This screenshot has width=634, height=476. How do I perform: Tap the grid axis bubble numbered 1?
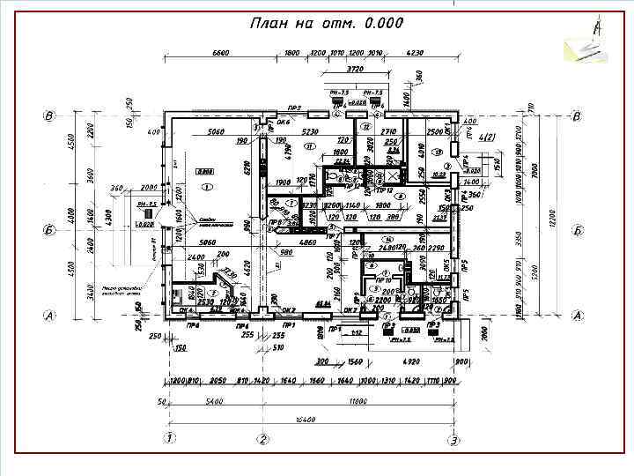coord(168,438)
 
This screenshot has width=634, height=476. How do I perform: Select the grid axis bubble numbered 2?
coord(262,438)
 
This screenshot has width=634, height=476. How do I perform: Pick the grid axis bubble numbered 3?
coord(453,438)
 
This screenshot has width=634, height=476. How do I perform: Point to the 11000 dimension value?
coord(357,401)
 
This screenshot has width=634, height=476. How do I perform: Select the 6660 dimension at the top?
coord(221,53)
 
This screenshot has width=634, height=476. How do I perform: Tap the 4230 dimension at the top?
coord(413,53)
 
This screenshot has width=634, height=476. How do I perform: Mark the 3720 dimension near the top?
coord(355,69)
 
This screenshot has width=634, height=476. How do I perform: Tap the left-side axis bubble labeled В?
coord(50,115)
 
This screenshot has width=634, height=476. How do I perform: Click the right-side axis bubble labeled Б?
coord(577,230)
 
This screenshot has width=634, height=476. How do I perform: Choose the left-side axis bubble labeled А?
coord(50,315)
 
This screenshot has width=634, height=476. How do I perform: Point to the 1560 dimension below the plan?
coord(356,362)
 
